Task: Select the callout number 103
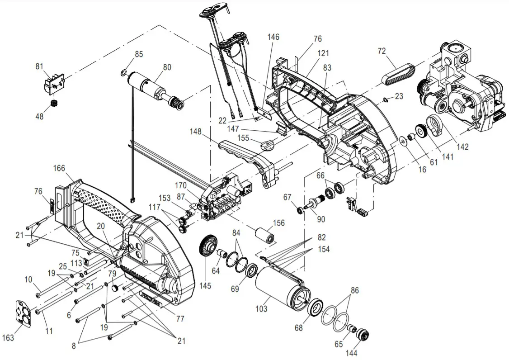(x=261, y=309)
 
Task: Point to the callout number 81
(x=40, y=66)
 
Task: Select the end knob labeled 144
(x=363, y=336)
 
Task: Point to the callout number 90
(x=320, y=219)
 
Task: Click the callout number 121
(x=323, y=53)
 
